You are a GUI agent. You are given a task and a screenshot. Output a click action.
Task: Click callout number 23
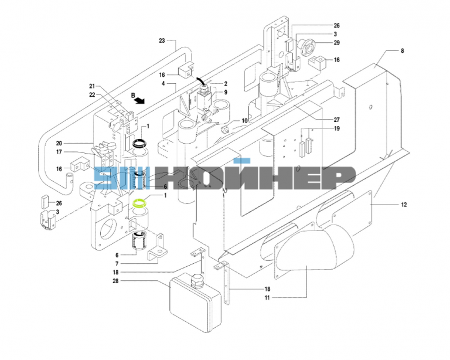162,41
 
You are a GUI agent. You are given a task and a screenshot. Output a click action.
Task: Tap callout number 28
115,281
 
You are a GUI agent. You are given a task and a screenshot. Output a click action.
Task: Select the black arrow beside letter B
140,100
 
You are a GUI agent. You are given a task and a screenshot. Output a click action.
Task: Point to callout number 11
267,298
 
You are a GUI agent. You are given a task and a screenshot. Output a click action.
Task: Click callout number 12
404,205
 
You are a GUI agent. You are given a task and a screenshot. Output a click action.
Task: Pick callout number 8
403,51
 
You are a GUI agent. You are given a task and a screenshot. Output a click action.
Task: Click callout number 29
337,43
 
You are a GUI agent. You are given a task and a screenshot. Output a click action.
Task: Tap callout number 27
337,120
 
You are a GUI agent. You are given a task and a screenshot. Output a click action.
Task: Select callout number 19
337,128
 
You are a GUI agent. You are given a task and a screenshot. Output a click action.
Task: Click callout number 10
244,121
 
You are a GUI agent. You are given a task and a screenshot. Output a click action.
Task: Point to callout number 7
117,263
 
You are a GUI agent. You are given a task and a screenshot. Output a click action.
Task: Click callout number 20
59,143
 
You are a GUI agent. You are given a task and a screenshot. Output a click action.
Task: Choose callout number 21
92,86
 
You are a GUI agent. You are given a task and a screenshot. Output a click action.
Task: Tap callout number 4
163,83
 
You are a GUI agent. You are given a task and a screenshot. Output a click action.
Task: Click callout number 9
226,92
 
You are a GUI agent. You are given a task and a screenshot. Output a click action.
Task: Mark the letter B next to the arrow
133,96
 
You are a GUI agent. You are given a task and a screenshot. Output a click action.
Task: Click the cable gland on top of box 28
197,280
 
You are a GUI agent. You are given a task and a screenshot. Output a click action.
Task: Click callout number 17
59,152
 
